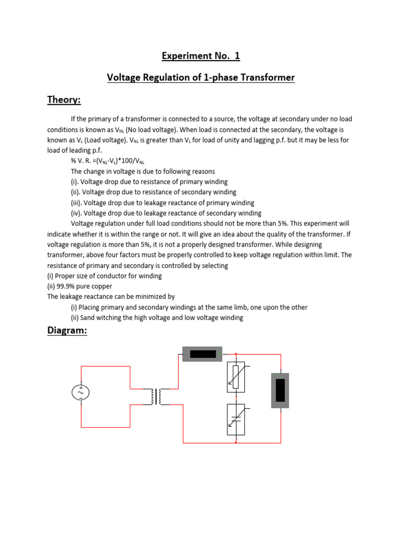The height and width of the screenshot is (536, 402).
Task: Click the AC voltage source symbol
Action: coord(81,392)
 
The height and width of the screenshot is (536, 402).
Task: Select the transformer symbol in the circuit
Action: coord(160,396)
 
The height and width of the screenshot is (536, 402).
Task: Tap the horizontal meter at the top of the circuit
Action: coord(203,354)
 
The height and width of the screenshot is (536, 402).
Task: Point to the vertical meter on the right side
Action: coord(280,390)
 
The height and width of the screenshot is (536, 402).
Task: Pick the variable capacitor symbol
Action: coord(236,420)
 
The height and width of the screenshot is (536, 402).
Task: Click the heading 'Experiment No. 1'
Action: coord(201,56)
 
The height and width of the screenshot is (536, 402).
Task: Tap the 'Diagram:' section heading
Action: coord(67,331)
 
